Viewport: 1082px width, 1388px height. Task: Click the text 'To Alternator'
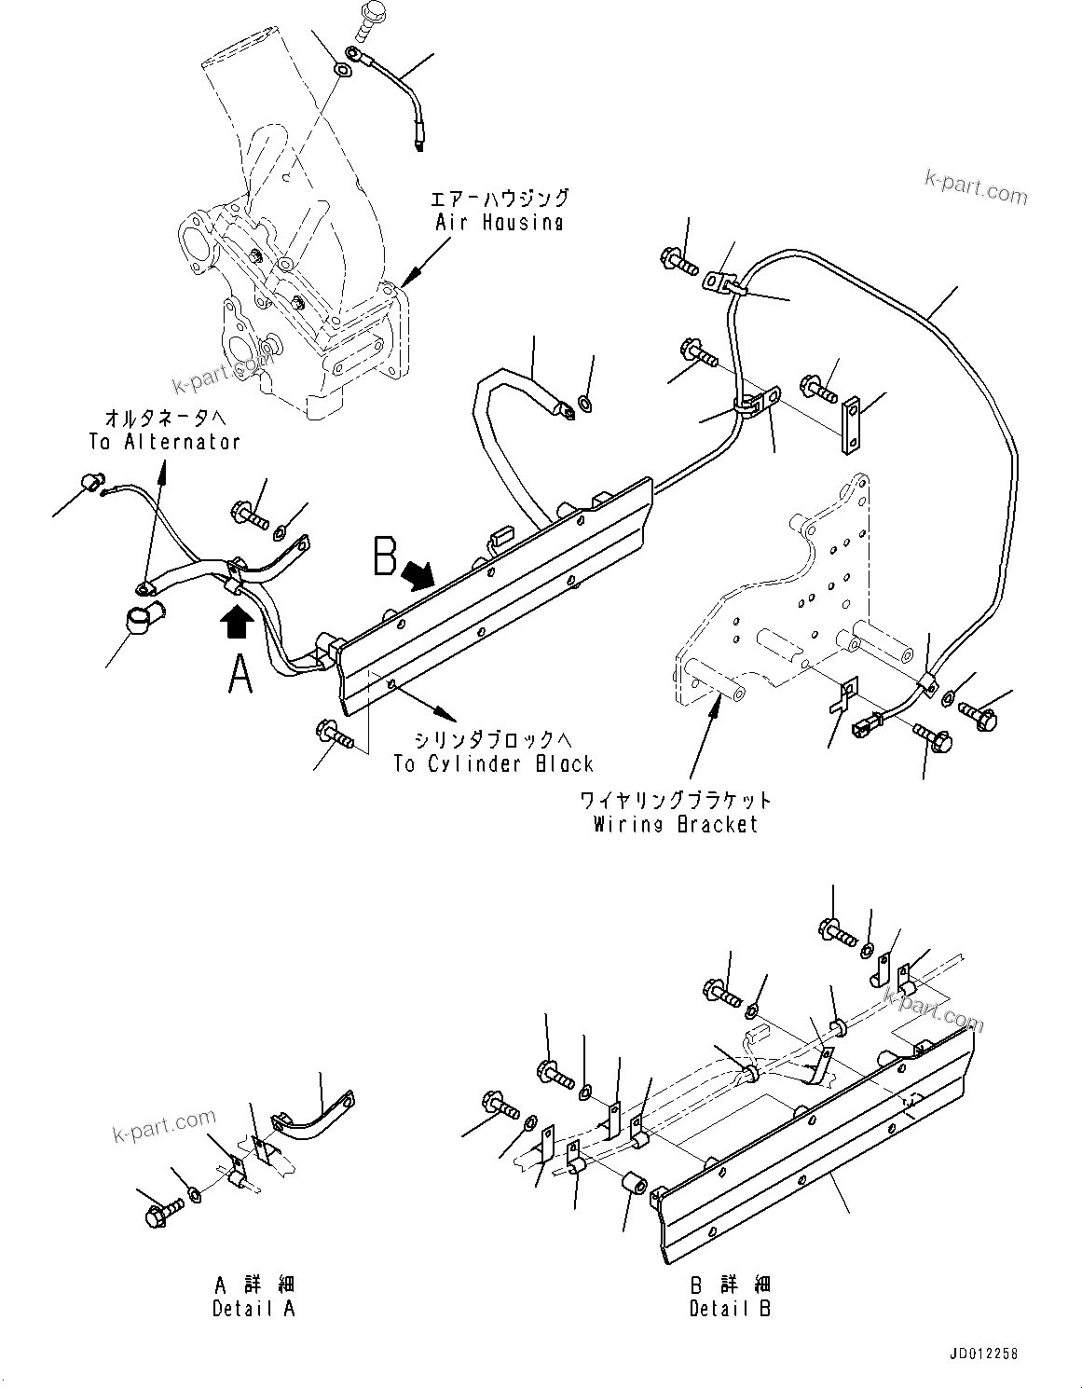(x=164, y=441)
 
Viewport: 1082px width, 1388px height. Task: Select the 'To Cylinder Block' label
(x=492, y=763)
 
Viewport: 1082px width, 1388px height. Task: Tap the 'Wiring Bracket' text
(x=676, y=824)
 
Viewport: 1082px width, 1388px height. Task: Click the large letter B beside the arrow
(x=385, y=557)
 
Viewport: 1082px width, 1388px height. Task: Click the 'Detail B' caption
(x=730, y=1308)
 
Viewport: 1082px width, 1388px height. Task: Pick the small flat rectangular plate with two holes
(x=850, y=424)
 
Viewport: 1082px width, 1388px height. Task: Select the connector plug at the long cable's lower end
(x=862, y=721)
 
